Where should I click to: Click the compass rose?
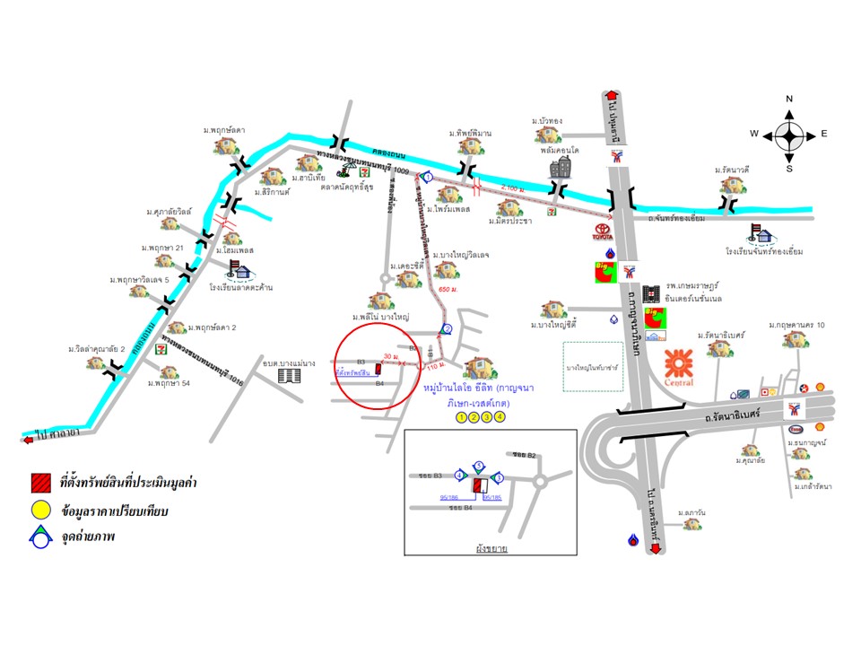tap(789, 135)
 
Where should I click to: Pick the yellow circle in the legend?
tap(41, 512)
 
